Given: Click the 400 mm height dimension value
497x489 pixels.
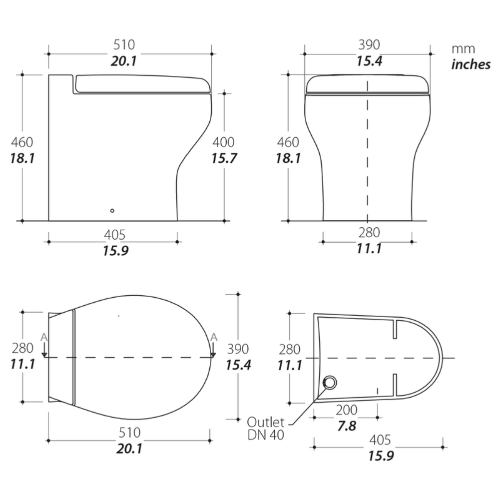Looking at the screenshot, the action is coord(223,142).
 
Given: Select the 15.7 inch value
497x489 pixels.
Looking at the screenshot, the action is coord(224,158).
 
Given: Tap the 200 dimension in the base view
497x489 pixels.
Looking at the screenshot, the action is coord(347,410).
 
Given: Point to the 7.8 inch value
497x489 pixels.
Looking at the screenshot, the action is coord(347,426).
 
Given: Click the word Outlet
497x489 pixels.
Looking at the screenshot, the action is coord(266,422).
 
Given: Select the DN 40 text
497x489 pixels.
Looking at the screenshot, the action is coord(266,435).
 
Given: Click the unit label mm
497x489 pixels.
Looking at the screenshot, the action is coord(463,49).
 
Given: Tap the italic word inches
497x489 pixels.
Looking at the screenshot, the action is coord(471,64).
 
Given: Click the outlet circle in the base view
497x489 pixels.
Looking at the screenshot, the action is coord(330,383).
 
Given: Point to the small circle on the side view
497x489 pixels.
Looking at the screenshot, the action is coord(112,210).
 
